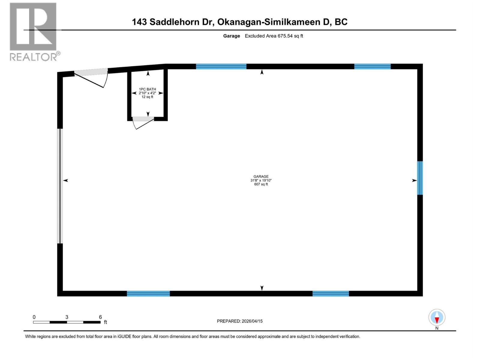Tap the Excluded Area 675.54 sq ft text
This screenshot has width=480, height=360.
[274, 36]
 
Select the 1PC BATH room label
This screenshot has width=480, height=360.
[147, 89]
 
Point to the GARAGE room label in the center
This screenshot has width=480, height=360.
[261, 176]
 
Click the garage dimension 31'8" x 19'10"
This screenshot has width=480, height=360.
[261, 180]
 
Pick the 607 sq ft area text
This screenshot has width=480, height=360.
[261, 184]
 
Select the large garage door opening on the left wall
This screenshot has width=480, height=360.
[60, 186]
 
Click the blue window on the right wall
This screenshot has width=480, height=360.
[420, 178]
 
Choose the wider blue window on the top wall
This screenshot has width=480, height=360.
[221, 67]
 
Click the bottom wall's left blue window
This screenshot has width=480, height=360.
[148, 293]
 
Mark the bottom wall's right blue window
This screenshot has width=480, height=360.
[331, 293]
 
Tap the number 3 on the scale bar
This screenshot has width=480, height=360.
[67, 317]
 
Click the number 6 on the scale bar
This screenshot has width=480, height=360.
[100, 317]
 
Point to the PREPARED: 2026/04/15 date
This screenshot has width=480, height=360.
[240, 321]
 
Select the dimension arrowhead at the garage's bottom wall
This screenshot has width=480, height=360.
[262, 288]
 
